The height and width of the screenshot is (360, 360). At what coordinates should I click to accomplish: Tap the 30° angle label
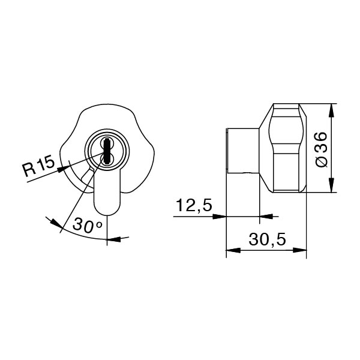pyautogui.click(x=88, y=226)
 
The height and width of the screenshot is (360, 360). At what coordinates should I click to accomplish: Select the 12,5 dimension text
pyautogui.click(x=194, y=206)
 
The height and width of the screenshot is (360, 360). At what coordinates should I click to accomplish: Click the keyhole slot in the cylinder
pyautogui.click(x=106, y=151)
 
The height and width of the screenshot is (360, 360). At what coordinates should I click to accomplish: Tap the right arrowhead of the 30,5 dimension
pyautogui.click(x=302, y=250)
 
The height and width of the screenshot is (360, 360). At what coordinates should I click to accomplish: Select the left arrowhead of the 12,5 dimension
pyautogui.click(x=221, y=217)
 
